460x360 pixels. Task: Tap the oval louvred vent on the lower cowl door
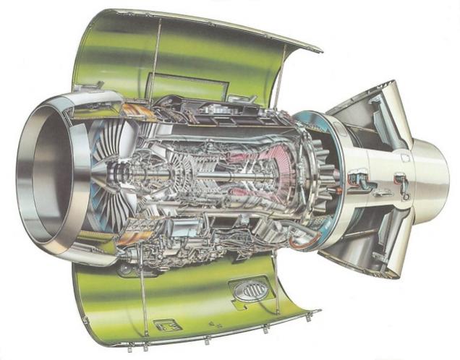click(250, 290)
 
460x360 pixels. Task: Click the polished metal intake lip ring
click(29, 173)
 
